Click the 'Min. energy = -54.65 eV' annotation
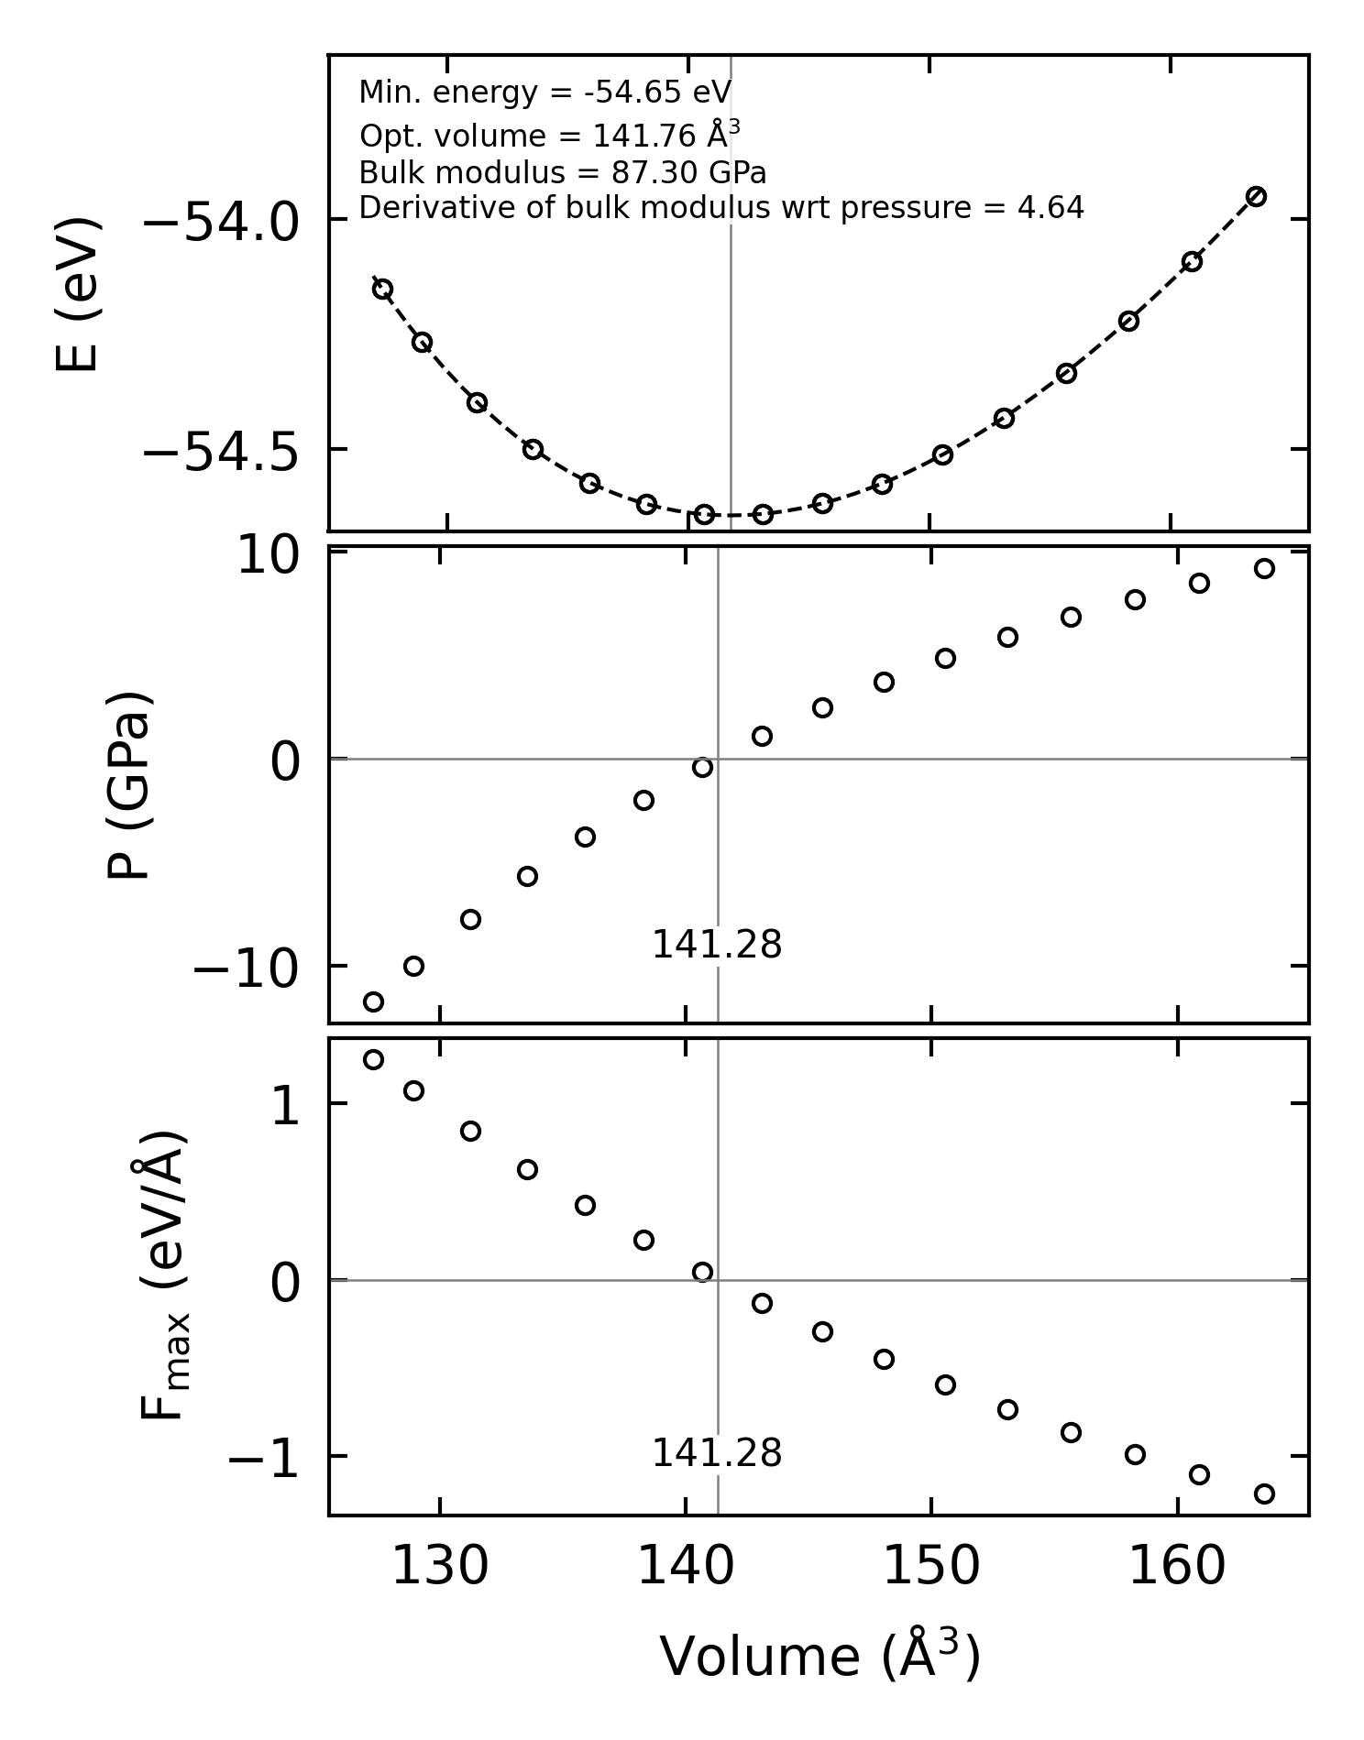tap(544, 93)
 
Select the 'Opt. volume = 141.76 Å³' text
tap(549, 136)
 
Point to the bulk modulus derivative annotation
tap(720, 209)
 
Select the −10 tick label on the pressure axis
tap(246, 969)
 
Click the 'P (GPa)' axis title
tap(128, 784)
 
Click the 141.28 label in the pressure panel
tap(716, 946)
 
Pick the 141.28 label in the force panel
tap(716, 1454)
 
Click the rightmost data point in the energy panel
tap(1256, 196)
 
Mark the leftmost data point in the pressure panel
tap(373, 1001)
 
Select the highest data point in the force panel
tap(373, 1060)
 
